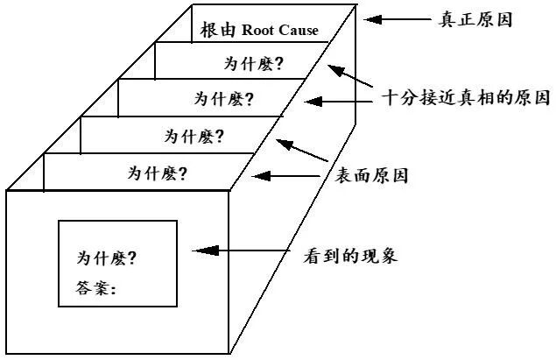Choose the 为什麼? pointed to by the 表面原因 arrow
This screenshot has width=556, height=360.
point(159,172)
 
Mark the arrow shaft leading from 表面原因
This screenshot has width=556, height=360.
point(298,176)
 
